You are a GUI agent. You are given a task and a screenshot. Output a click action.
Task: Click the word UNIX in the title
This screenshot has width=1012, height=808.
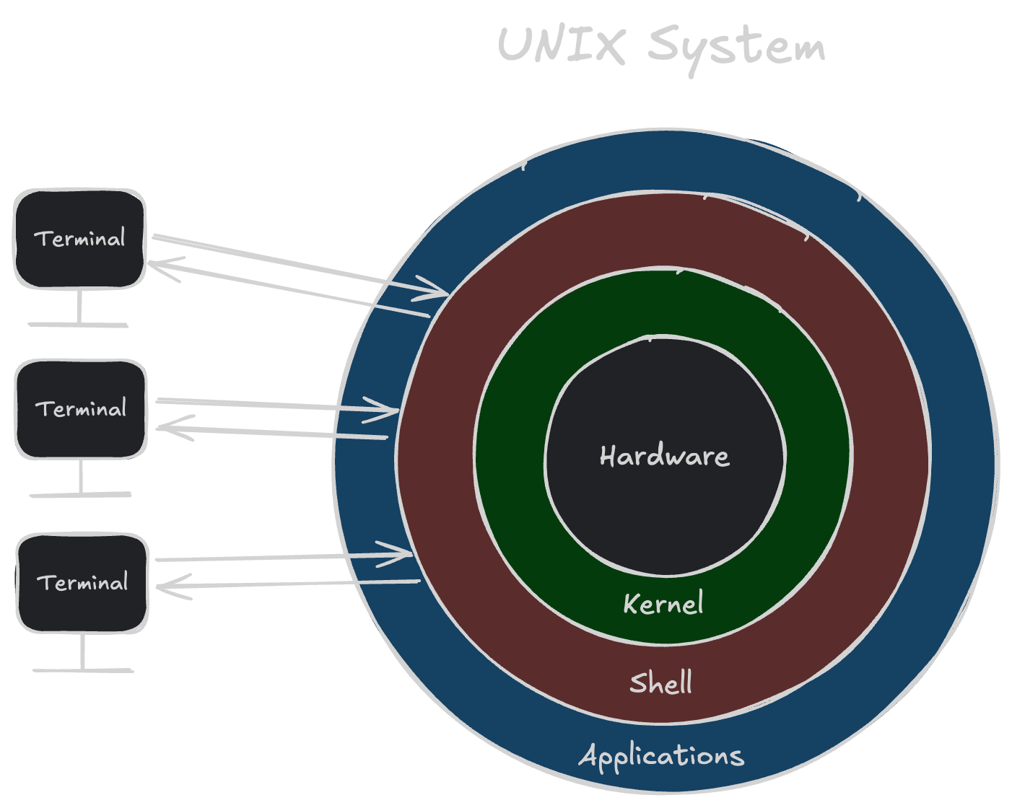coord(560,45)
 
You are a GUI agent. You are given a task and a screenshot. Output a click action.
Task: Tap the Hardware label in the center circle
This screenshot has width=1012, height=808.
coord(664,456)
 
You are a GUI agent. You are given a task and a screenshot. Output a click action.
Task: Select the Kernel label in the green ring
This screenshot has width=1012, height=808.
coord(663,604)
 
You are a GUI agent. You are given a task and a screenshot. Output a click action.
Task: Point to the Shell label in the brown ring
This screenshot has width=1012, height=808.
coord(660,682)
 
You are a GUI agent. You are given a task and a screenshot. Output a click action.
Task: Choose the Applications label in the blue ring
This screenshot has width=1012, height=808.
coord(661,756)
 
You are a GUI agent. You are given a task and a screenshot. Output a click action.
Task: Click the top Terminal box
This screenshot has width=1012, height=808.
coord(80,239)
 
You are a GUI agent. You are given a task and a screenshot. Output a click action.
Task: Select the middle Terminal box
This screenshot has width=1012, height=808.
coord(81,409)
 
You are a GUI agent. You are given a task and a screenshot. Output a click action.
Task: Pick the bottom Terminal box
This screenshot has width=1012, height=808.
coord(82,583)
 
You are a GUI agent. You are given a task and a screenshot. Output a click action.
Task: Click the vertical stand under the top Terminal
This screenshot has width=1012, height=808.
coord(79,307)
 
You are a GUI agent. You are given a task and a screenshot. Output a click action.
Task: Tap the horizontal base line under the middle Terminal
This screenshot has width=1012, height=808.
coord(81,495)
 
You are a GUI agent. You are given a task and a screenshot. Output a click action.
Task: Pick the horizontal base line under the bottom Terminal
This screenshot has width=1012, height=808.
coord(83,671)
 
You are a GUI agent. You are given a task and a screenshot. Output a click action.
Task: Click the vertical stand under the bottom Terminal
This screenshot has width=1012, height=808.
coord(83,651)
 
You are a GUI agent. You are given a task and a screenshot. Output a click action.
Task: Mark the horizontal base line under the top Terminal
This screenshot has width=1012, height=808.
coord(79,325)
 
